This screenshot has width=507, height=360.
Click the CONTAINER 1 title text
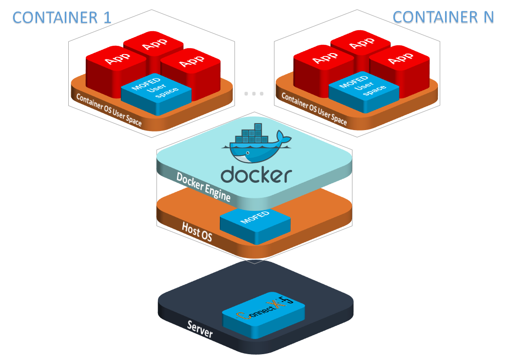62,18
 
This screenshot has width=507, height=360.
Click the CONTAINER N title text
443,17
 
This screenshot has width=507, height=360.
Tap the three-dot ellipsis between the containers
254,93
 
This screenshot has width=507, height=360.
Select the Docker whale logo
255,149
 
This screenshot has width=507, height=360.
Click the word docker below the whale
256,174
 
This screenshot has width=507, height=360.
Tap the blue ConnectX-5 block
264,317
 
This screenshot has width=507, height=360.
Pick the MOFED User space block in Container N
364,87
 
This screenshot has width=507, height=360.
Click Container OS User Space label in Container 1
108,109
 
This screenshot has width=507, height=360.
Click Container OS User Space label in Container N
314,108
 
